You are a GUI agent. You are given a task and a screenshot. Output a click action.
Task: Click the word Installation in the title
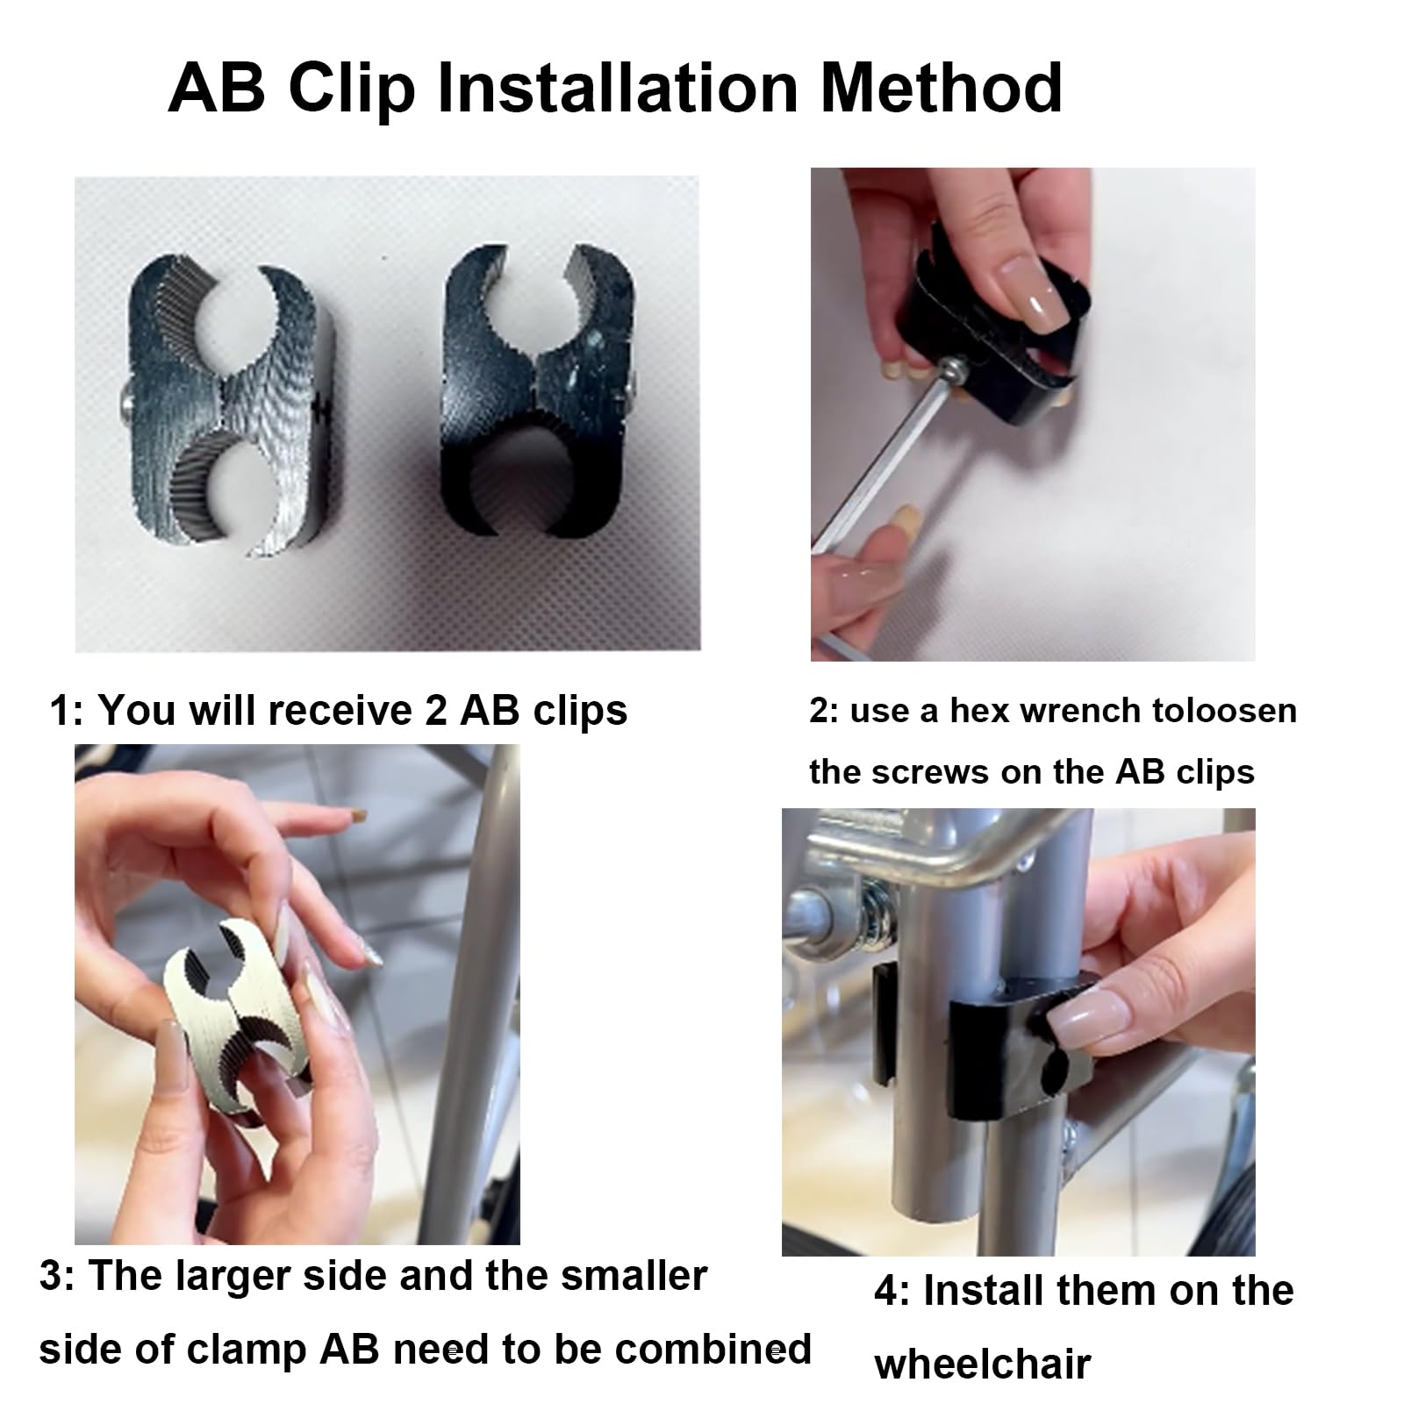click(617, 88)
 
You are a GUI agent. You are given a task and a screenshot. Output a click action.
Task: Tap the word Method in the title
click(942, 88)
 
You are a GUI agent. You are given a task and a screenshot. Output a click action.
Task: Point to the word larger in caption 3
click(232, 1277)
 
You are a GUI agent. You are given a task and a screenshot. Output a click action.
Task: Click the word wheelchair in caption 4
click(983, 1365)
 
